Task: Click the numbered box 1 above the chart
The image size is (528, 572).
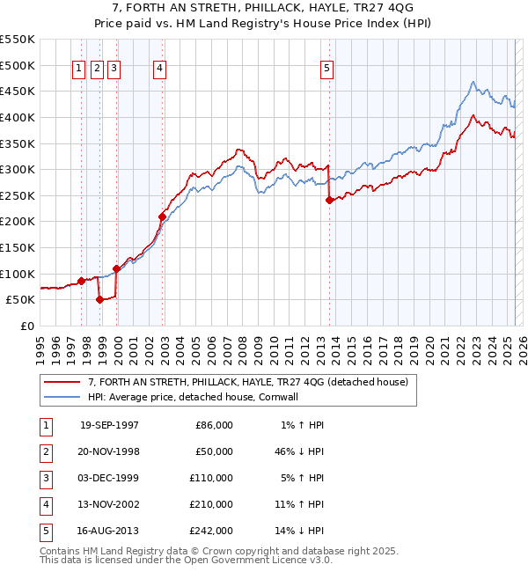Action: click(x=79, y=70)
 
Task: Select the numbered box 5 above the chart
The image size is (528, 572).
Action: click(x=326, y=70)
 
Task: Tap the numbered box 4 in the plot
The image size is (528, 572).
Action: click(x=159, y=70)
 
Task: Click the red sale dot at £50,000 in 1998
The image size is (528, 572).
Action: click(x=99, y=299)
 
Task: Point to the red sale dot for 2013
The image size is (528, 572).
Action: click(x=329, y=200)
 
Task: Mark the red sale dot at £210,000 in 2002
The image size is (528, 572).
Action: click(x=162, y=216)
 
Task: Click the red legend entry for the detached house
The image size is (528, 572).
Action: click(x=247, y=382)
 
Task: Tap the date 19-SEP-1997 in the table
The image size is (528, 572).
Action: click(x=109, y=425)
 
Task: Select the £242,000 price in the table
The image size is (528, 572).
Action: click(x=214, y=531)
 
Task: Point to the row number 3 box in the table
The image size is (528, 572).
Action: click(x=44, y=478)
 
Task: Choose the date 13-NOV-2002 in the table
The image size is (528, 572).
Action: click(x=109, y=504)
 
